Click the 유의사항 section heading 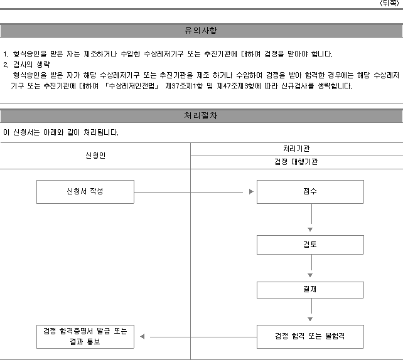click(201, 31)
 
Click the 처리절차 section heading click(200, 116)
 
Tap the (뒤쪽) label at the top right click(389, 3)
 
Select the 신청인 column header click(95, 156)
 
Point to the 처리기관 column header click(296, 149)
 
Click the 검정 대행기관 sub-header click(296, 162)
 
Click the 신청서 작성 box click(85, 192)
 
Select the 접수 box click(310, 192)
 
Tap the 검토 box click(310, 245)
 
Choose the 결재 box click(310, 290)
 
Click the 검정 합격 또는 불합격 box click(310, 337)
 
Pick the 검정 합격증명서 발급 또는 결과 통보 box click(85, 337)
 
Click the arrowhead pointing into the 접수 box click(251, 192)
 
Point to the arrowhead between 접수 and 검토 click(310, 230)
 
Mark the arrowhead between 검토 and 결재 click(310, 275)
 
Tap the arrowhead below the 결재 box click(310, 319)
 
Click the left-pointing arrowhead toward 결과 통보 click(142, 336)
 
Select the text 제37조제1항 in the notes click(184, 86)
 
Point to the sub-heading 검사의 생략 click(31, 65)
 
